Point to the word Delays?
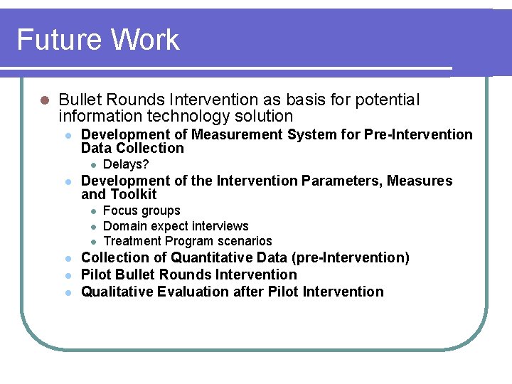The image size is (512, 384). pyautogui.click(x=126, y=165)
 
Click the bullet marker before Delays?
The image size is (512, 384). pyautogui.click(x=92, y=165)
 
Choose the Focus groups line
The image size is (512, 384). pyautogui.click(x=142, y=210)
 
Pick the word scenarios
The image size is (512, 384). pyautogui.click(x=245, y=241)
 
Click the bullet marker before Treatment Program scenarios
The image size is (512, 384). pyautogui.click(x=92, y=241)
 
